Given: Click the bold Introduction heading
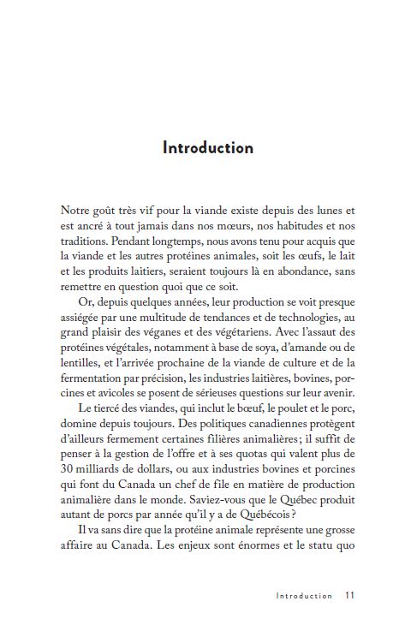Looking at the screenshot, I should (x=208, y=147).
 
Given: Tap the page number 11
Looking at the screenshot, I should (x=350, y=595).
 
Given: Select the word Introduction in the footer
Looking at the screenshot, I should (x=304, y=595).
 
